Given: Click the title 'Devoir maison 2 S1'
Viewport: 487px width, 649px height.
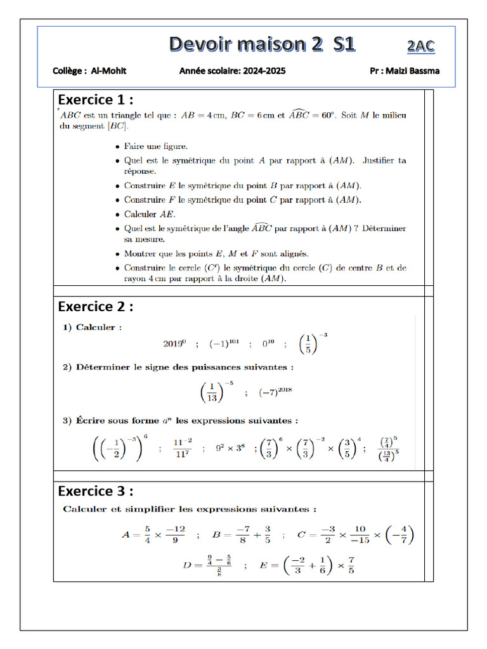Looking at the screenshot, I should coord(262,44).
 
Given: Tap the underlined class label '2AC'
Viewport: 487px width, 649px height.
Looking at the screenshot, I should coord(420,46).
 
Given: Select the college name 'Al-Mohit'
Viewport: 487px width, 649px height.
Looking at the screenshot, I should coord(108,71).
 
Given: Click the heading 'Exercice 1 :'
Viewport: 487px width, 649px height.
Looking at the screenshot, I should coord(96,100).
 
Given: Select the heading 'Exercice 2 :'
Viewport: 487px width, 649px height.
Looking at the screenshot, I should coord(96,307).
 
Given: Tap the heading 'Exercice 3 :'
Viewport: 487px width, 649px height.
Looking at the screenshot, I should coord(96,491).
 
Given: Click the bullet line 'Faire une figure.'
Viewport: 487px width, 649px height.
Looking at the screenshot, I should coord(156,146).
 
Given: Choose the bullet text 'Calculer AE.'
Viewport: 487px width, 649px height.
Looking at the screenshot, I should coord(150,214).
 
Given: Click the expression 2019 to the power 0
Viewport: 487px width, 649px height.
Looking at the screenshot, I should coord(175,344).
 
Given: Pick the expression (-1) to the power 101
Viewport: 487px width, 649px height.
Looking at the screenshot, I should coord(224,344).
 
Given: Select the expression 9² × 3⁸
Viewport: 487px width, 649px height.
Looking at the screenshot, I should coord(230,448).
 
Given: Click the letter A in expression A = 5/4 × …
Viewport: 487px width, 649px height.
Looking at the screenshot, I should coord(126,535).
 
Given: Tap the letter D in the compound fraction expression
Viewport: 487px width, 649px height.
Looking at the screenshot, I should coord(187,564).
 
